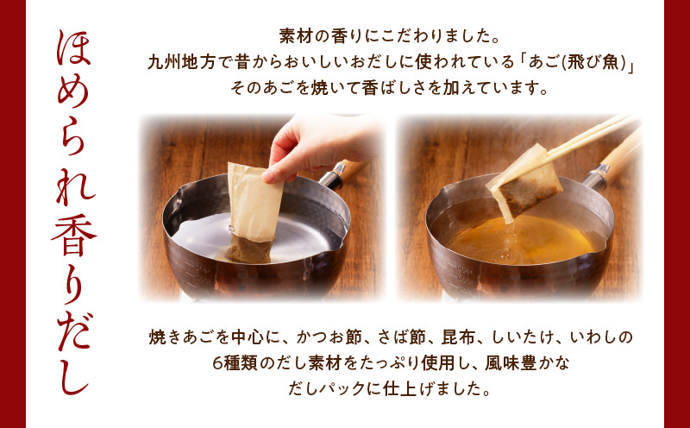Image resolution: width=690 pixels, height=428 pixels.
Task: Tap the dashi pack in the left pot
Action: pyautogui.click(x=253, y=213)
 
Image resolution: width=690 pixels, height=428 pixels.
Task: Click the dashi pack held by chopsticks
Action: pyautogui.click(x=524, y=183)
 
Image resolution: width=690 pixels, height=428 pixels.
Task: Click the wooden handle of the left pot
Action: pyautogui.click(x=348, y=170)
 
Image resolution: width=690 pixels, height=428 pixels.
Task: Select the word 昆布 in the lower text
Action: pyautogui.click(x=458, y=338)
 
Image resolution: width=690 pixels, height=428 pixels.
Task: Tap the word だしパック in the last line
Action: pyautogui.click(x=322, y=389)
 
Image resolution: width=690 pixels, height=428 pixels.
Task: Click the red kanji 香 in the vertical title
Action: pyautogui.click(x=75, y=235)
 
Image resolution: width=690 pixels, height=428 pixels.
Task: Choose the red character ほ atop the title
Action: pyautogui.click(x=74, y=48)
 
